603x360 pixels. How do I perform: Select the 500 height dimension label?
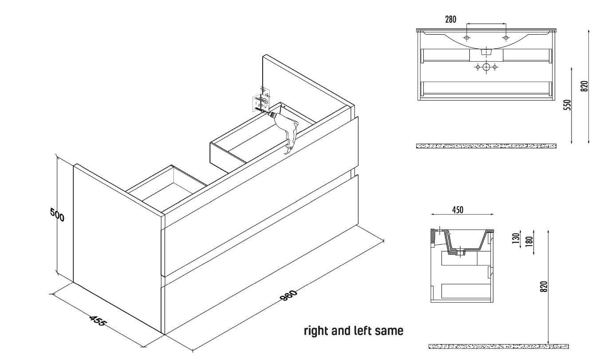[57, 215]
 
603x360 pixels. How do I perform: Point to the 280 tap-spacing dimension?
[451, 20]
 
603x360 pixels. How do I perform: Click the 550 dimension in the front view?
[568, 105]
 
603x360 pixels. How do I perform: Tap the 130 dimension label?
[516, 239]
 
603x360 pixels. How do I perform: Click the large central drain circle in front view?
[486, 67]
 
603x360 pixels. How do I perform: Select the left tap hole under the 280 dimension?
[466, 38]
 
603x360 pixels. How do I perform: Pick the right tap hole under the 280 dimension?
[506, 38]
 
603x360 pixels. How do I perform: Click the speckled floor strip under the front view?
[486, 146]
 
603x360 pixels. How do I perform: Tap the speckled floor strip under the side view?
[499, 346]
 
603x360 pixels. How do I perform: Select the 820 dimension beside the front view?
[584, 86]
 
